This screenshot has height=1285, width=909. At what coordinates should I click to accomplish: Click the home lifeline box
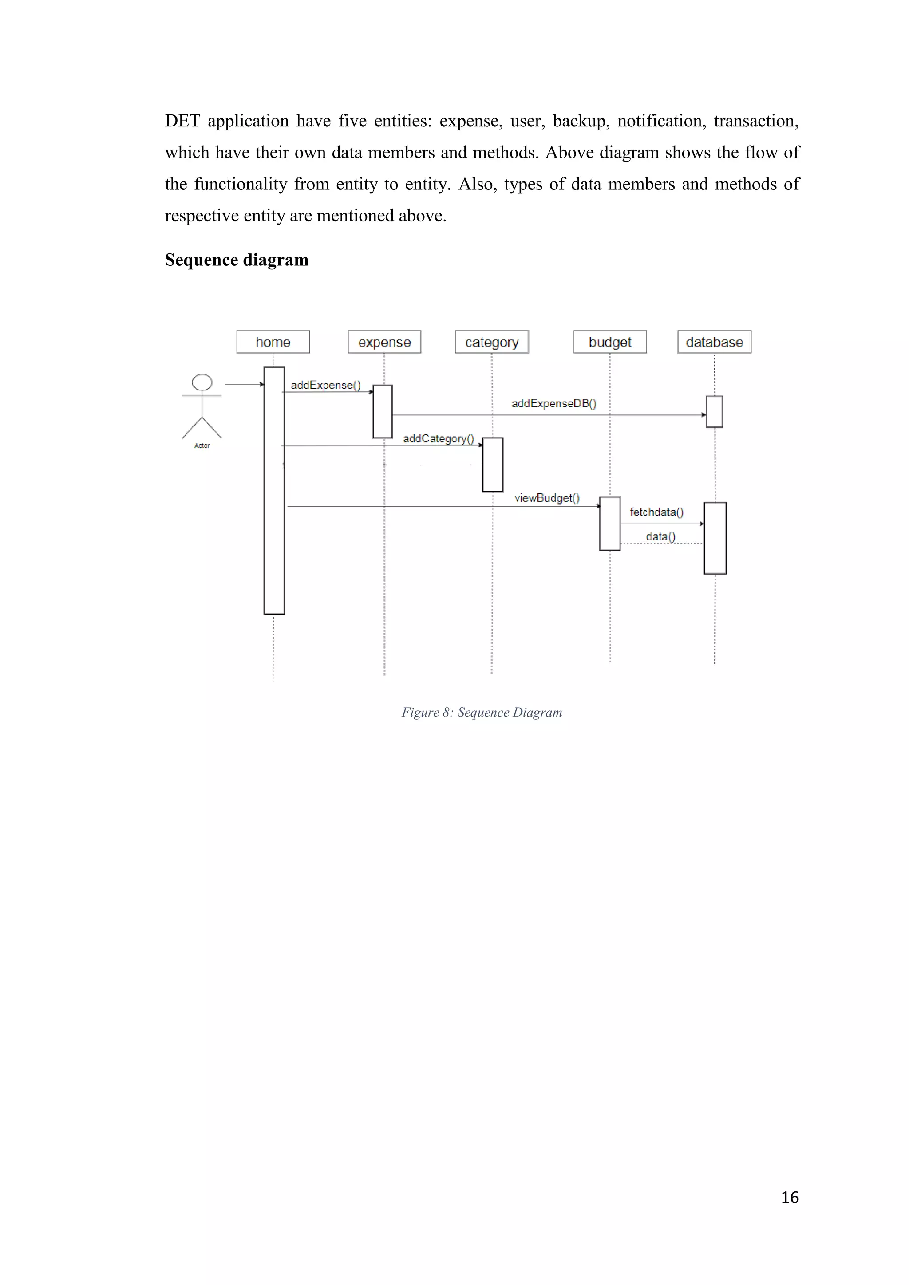(x=273, y=342)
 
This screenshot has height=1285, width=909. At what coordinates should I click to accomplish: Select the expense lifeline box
(x=384, y=342)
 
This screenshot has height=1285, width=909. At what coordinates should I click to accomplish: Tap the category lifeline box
(x=491, y=342)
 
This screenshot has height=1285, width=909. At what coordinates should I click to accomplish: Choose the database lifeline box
(x=714, y=342)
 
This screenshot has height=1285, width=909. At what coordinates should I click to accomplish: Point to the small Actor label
(x=202, y=446)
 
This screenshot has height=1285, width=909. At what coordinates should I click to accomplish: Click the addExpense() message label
(x=325, y=385)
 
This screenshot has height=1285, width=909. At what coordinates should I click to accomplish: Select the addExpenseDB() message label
(x=553, y=403)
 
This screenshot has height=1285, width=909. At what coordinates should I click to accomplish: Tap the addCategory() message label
(x=438, y=439)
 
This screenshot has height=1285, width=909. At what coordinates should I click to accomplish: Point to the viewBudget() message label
(x=547, y=498)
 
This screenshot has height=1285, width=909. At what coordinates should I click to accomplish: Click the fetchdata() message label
(x=656, y=512)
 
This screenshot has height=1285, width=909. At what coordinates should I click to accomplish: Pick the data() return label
(x=660, y=536)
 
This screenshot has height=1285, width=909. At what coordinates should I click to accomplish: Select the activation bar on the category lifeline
(x=493, y=465)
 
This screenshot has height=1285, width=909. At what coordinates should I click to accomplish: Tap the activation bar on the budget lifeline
(x=609, y=523)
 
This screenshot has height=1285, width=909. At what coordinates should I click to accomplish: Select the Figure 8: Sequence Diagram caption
(x=482, y=713)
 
